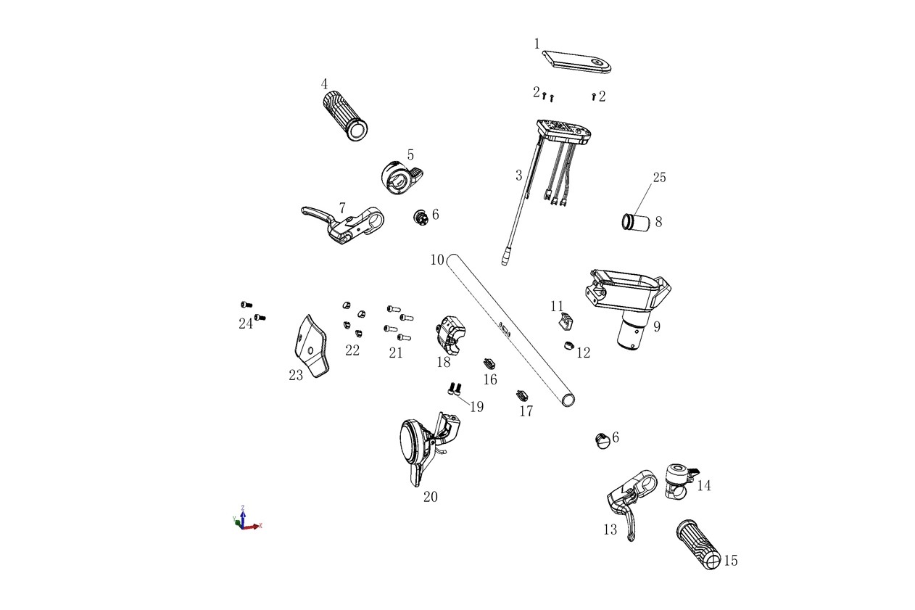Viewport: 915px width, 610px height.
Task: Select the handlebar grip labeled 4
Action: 345,115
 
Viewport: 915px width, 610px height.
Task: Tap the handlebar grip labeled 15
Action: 699,545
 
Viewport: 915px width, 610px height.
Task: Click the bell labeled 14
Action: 679,480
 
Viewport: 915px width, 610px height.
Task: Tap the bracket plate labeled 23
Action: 310,346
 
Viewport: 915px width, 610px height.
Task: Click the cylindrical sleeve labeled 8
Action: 636,223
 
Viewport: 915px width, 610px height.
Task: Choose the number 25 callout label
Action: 659,177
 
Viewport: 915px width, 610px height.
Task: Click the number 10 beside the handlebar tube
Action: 437,260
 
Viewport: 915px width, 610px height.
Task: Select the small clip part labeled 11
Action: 566,321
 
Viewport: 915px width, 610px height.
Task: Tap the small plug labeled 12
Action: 569,346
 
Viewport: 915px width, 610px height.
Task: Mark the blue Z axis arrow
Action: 243,516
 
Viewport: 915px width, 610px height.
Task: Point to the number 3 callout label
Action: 519,176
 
